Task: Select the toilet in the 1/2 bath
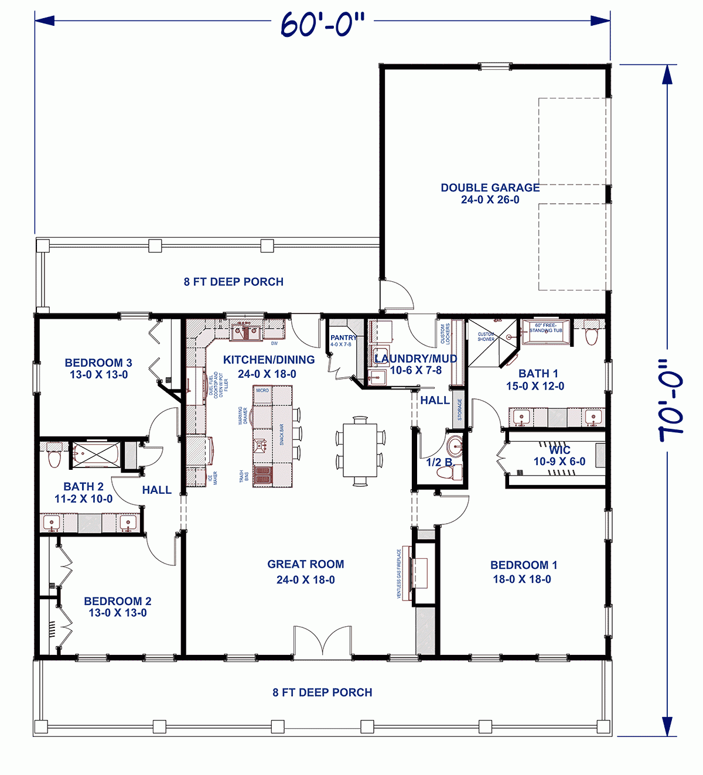click(x=456, y=472)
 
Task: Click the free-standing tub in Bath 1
click(x=545, y=332)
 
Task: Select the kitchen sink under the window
click(x=247, y=332)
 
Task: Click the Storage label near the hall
click(x=459, y=409)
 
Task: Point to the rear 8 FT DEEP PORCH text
click(x=233, y=282)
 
